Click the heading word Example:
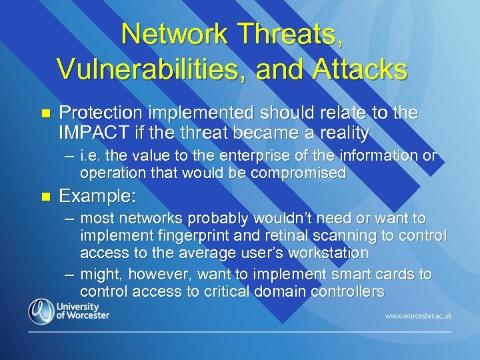[x=98, y=196]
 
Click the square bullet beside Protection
[x=45, y=115]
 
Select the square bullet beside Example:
[x=45, y=197]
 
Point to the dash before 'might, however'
[x=70, y=275]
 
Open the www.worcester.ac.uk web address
[x=417, y=315]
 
